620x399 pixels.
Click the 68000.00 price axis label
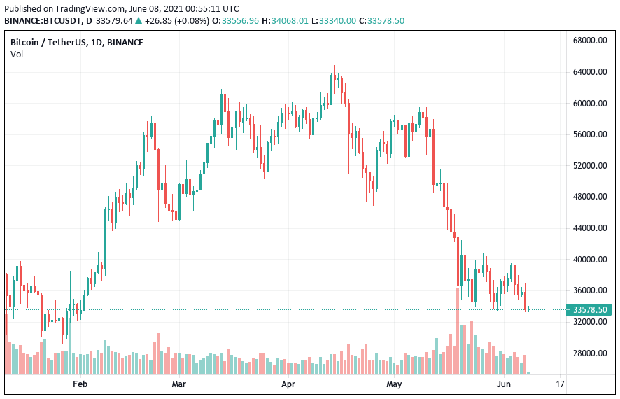[589, 41]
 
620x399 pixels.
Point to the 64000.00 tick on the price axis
[589, 72]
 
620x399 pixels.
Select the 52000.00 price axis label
[589, 166]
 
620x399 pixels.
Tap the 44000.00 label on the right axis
[589, 228]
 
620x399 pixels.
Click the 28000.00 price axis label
[589, 353]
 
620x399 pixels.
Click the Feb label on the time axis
[80, 384]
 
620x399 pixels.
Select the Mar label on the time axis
[179, 384]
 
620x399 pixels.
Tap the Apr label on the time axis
[288, 384]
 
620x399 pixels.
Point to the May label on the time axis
[394, 384]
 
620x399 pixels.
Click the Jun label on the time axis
[503, 384]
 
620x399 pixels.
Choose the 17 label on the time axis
[559, 384]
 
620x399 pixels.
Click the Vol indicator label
[17, 54]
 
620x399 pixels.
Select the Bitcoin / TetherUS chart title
[47, 42]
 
